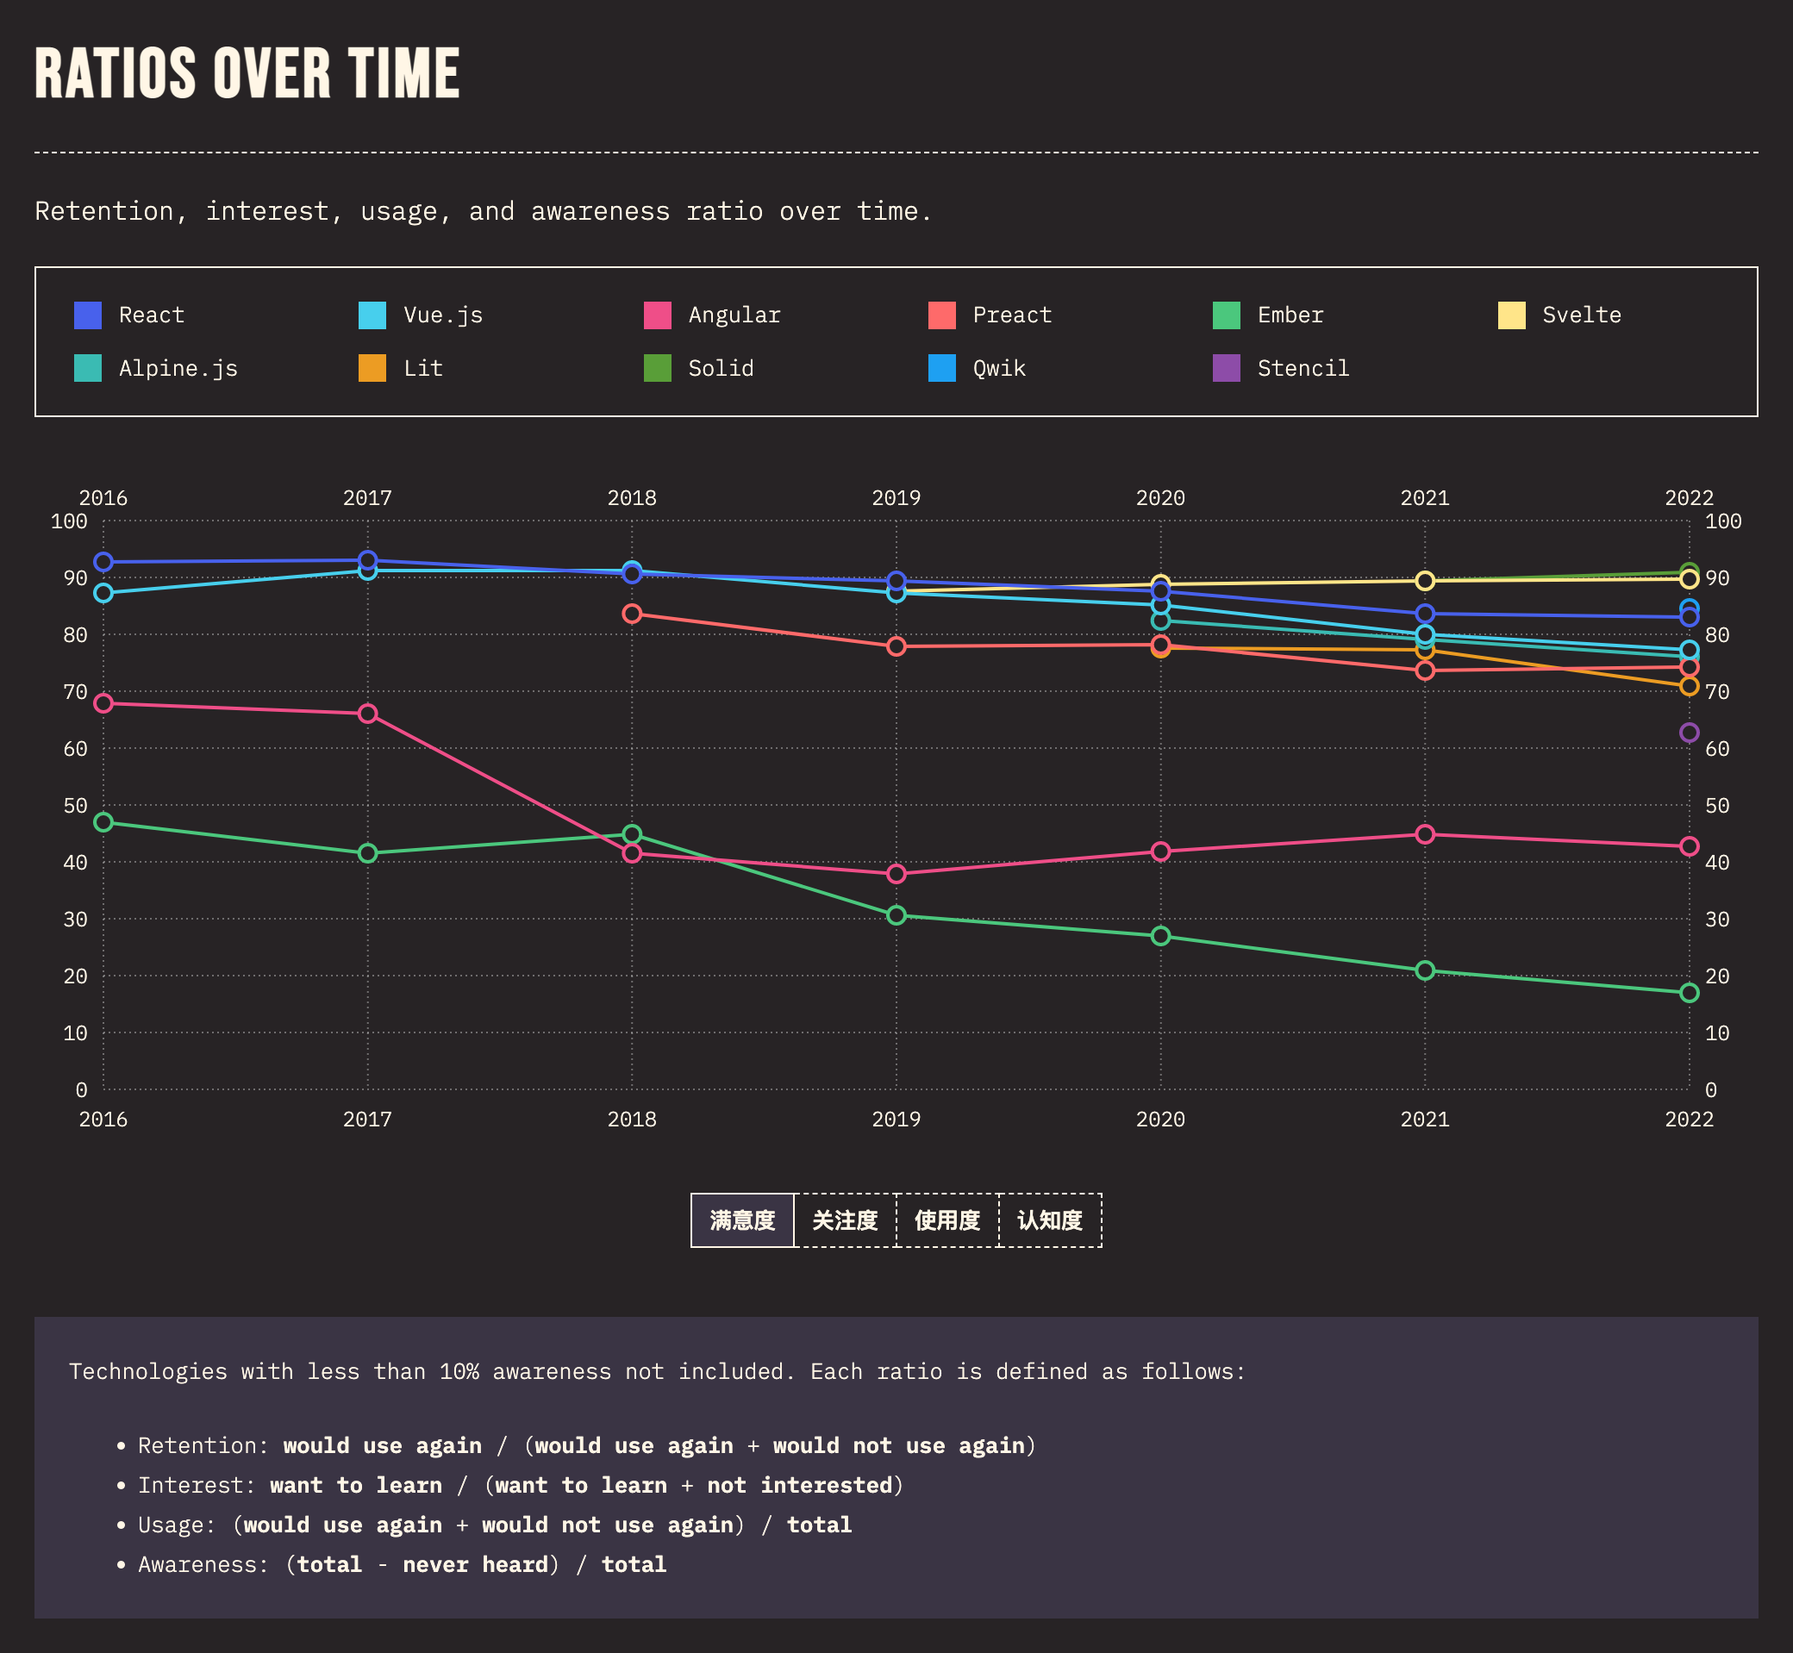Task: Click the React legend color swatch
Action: point(88,315)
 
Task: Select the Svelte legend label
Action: point(1581,315)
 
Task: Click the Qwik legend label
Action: point(998,369)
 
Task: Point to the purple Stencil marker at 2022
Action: point(1689,733)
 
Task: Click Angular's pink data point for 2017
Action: point(368,714)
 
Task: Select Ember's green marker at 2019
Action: point(896,915)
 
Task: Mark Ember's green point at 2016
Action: point(103,822)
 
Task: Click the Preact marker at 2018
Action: point(632,614)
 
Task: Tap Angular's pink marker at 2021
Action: point(1424,834)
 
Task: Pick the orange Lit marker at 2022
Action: point(1689,686)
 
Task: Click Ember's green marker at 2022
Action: point(1689,993)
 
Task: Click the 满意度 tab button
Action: point(741,1220)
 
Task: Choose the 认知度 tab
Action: point(1049,1220)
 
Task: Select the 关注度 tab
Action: point(845,1220)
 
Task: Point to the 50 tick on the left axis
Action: point(76,806)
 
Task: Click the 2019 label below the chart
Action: point(896,1120)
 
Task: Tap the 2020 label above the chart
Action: point(1160,498)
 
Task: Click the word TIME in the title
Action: point(403,73)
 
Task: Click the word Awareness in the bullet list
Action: point(203,1564)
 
